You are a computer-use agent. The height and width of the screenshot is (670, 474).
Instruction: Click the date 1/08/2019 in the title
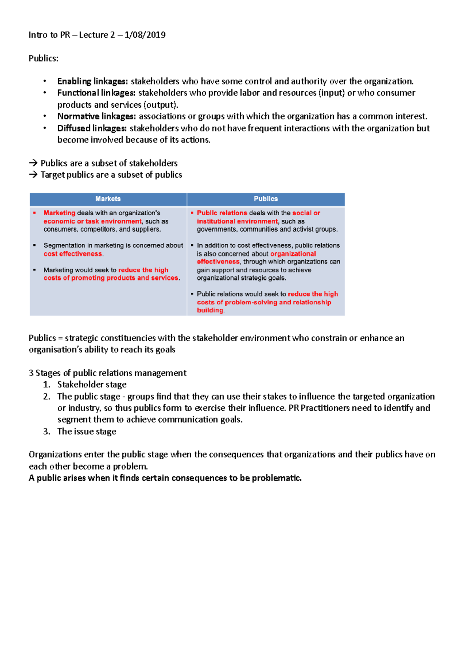tap(145, 35)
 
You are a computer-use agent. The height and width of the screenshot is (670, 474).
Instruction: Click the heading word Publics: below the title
tap(43, 58)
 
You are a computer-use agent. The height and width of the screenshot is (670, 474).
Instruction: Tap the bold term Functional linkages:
tap(96, 93)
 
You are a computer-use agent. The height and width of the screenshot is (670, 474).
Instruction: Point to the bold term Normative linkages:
tap(96, 116)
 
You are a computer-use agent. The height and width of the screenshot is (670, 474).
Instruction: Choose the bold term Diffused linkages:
tap(92, 128)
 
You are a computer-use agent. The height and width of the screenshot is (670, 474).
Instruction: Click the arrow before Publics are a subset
tap(33, 163)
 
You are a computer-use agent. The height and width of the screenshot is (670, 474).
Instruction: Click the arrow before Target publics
tap(33, 175)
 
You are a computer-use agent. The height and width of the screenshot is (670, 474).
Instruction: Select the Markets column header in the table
tap(108, 199)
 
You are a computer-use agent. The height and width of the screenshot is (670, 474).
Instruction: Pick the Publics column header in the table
tap(265, 199)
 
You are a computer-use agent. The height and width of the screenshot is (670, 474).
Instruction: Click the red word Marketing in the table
tap(59, 213)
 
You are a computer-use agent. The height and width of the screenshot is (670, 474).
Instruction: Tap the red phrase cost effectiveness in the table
tap(73, 254)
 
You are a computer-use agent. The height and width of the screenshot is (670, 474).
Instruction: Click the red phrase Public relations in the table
tap(222, 213)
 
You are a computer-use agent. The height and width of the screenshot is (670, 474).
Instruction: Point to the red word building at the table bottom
tap(210, 310)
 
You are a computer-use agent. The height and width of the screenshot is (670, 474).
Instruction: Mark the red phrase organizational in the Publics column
tap(293, 254)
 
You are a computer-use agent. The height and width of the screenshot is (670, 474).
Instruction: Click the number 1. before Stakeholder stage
tap(47, 385)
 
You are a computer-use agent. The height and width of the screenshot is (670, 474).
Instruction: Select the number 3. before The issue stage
tap(47, 432)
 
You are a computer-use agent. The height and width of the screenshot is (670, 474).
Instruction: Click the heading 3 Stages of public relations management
tap(107, 373)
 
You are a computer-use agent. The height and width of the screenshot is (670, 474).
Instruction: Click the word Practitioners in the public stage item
tap(325, 408)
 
